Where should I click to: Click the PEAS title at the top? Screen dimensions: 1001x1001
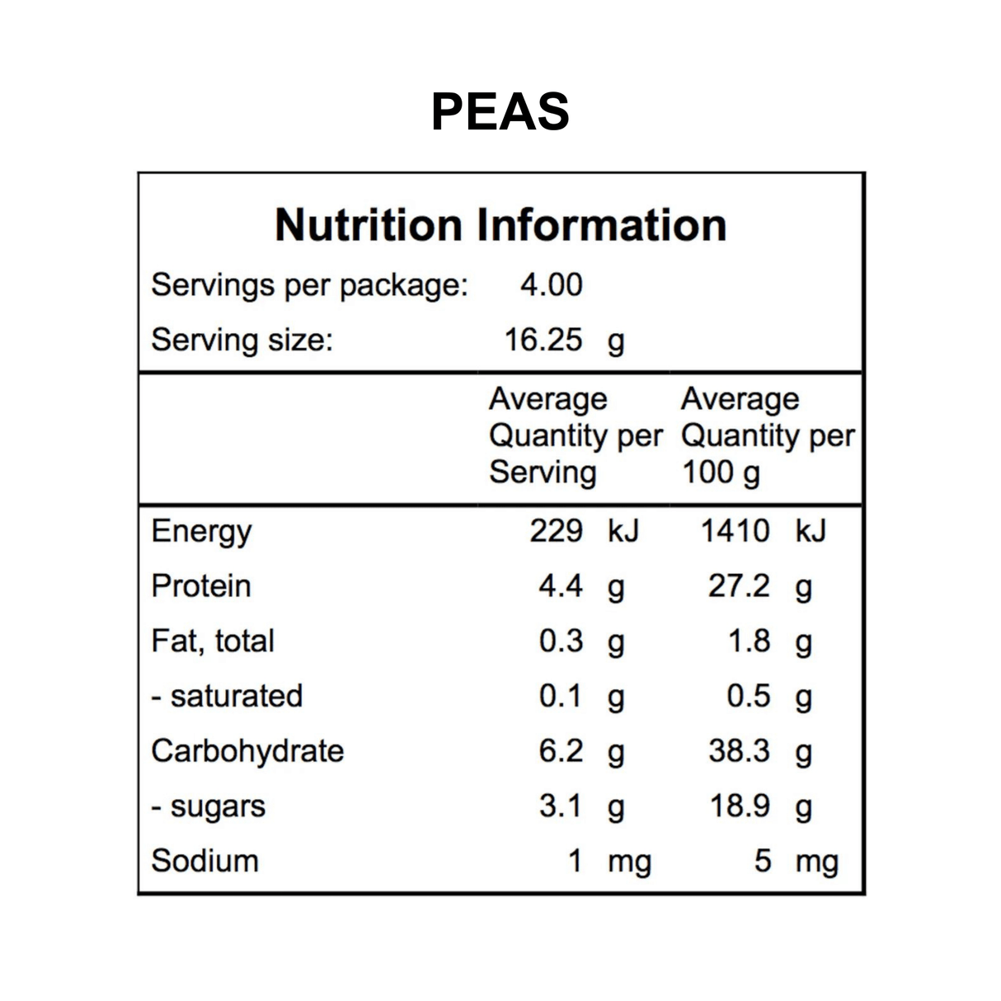click(x=500, y=111)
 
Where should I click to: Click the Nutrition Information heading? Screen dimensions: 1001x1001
click(x=500, y=225)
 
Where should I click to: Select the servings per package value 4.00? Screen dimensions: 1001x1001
click(x=551, y=285)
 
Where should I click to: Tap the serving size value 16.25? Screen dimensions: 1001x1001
click(x=543, y=340)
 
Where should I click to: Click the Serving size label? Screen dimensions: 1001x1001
click(x=242, y=340)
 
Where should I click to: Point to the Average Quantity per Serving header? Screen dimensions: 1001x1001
click(x=574, y=435)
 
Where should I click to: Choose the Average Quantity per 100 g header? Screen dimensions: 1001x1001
click(x=767, y=435)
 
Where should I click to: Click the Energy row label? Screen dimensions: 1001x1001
click(x=201, y=532)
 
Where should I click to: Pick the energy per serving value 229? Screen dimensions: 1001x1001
click(x=556, y=531)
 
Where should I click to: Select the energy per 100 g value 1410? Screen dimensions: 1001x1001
click(x=735, y=531)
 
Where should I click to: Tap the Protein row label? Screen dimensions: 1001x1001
click(x=201, y=586)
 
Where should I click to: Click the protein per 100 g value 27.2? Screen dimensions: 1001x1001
click(x=739, y=586)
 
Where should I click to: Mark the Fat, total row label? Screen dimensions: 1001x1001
click(x=213, y=641)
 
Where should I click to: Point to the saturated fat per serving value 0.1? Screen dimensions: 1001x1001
click(x=561, y=696)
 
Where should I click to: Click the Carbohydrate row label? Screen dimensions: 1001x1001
click(x=247, y=751)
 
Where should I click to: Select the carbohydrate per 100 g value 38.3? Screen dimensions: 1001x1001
click(x=739, y=751)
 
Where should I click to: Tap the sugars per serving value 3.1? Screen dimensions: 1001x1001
click(x=561, y=806)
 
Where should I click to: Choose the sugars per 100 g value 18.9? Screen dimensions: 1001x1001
click(x=740, y=806)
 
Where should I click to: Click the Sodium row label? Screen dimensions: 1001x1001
click(x=204, y=861)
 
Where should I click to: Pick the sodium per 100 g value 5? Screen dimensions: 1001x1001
click(x=763, y=861)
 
